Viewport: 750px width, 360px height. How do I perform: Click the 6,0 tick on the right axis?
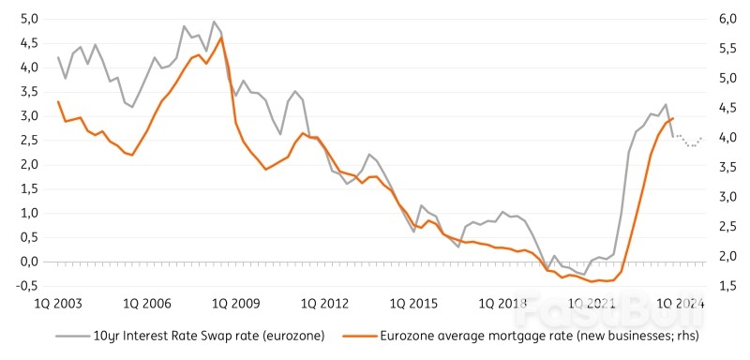[x=727, y=19]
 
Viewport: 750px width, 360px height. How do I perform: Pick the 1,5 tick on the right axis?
[x=727, y=286]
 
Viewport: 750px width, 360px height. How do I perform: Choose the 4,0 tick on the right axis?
[x=727, y=138]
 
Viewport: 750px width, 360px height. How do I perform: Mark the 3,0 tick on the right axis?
[x=727, y=197]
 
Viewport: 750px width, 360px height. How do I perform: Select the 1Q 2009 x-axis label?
[x=234, y=304]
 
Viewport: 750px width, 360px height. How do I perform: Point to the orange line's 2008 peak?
[x=221, y=37]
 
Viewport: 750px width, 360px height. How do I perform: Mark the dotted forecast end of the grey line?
[x=701, y=137]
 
